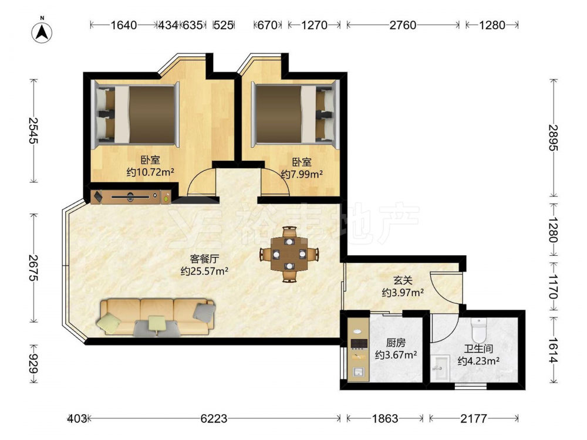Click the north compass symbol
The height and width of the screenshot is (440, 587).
point(42,32)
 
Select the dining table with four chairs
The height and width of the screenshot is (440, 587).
point(289,255)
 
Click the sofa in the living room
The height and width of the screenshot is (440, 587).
point(157,317)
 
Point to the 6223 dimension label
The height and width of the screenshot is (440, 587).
point(214,418)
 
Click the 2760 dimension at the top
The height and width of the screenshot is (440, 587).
point(403,25)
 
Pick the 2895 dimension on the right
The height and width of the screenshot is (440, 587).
point(553,138)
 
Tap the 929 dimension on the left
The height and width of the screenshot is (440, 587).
point(33,364)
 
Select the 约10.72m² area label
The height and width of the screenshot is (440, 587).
point(150,172)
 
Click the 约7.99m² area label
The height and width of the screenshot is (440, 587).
point(302,174)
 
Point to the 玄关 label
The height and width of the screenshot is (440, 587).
point(403,280)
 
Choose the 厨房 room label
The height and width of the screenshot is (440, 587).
point(396,343)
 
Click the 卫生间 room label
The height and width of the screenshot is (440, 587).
point(478,348)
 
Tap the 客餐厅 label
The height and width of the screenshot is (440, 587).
point(204,259)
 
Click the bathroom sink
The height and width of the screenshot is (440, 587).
point(440,368)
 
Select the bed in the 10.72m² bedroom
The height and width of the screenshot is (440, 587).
point(136,114)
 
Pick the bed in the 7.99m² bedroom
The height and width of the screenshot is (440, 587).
point(295,114)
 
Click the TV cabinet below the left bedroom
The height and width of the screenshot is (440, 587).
point(131,197)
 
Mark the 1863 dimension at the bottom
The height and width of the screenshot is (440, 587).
point(385,418)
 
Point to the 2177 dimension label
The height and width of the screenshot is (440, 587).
point(474,418)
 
